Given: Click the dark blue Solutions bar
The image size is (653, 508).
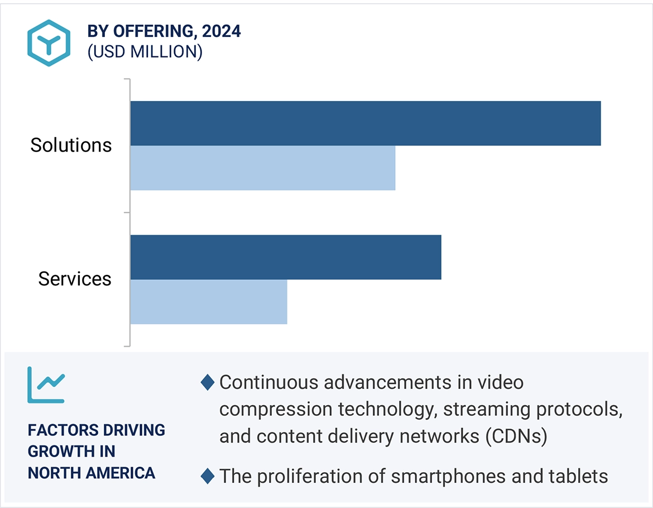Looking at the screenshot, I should tap(366, 124).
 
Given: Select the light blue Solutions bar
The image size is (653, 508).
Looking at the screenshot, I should tap(263, 168).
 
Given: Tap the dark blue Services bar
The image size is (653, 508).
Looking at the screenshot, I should tap(286, 257).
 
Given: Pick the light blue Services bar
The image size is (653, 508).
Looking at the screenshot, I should tap(209, 302).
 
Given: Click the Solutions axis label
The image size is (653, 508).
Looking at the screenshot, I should tap(71, 145).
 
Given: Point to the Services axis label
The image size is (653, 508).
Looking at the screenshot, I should tap(75, 279).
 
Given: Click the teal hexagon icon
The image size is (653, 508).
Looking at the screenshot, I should tap(49, 43).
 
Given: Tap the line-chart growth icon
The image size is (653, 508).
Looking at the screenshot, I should tap(46, 385).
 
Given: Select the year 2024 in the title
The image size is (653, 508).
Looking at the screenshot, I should tap(222, 31).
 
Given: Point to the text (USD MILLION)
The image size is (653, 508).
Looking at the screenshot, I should tap(145, 52).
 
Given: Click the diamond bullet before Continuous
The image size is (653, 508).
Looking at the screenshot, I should tap(207, 383).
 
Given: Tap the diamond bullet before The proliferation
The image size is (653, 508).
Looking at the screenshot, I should tap(207, 476).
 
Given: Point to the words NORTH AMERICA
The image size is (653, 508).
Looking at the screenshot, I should tap(92, 473).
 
